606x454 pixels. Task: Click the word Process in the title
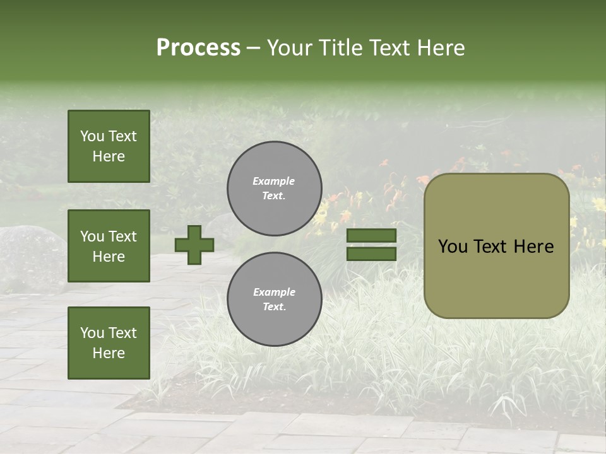198,47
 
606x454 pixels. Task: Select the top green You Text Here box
109,146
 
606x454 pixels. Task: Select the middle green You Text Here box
109,246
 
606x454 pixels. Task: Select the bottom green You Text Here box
109,343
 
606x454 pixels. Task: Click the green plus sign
194,245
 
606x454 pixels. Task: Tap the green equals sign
371,245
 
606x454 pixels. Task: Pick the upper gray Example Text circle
275,189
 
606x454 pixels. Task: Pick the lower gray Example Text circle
275,300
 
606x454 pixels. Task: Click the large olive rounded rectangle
496,246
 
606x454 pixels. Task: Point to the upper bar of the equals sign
371,236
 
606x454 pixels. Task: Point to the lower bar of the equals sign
371,253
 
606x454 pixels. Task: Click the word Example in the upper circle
273,181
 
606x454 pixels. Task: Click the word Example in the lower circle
274,292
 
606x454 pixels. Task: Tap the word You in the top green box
92,136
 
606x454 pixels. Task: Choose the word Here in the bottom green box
109,353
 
